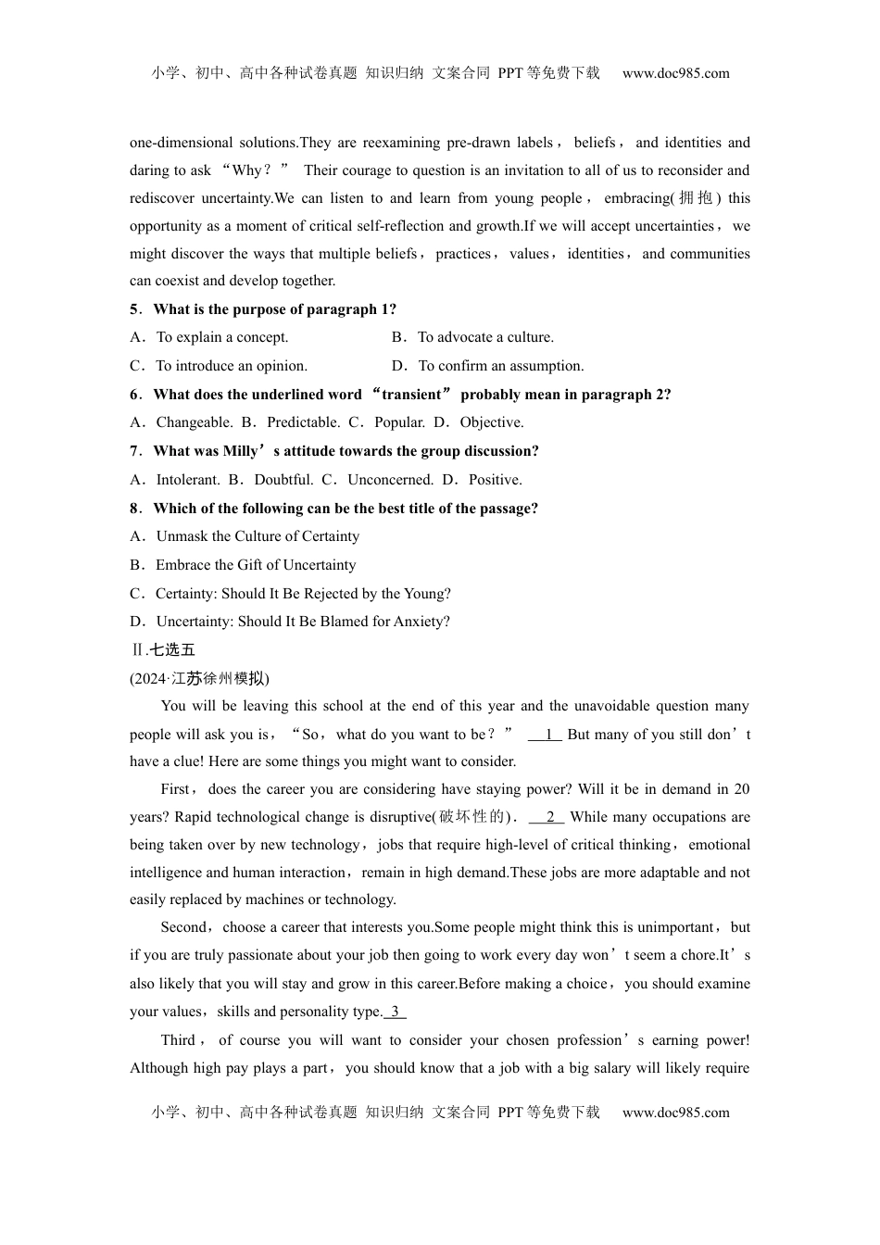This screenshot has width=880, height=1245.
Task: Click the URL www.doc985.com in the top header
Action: tap(675, 73)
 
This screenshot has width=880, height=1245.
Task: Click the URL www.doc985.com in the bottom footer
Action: tap(675, 1113)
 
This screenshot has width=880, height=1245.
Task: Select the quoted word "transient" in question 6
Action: tap(411, 395)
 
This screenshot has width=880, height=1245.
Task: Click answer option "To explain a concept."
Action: tap(221, 337)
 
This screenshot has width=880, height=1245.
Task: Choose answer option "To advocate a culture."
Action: tap(485, 337)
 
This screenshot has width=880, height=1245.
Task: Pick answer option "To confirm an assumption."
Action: tap(500, 366)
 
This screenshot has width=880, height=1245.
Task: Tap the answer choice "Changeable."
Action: tap(194, 422)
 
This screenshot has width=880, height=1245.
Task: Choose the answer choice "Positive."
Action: tap(495, 480)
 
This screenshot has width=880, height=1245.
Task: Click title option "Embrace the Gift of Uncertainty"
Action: tap(255, 565)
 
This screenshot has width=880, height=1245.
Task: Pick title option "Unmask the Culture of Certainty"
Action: tap(257, 536)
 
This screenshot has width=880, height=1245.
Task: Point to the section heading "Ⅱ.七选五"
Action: tap(163, 649)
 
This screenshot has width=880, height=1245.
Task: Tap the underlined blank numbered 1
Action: tap(547, 735)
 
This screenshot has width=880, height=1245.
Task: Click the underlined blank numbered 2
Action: tap(549, 817)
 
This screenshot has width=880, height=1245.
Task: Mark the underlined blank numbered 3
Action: tap(396, 1012)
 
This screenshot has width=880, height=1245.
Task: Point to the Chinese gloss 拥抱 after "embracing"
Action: tap(695, 198)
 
